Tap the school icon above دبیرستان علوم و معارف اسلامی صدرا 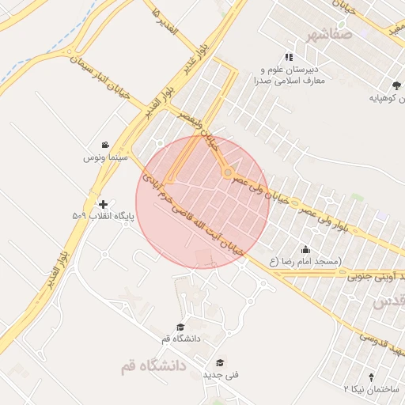point(290,57)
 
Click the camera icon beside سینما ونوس point(105,146)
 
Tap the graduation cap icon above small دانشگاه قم point(181,327)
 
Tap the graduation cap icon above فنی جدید point(220,361)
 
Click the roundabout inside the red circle point(228,172)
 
